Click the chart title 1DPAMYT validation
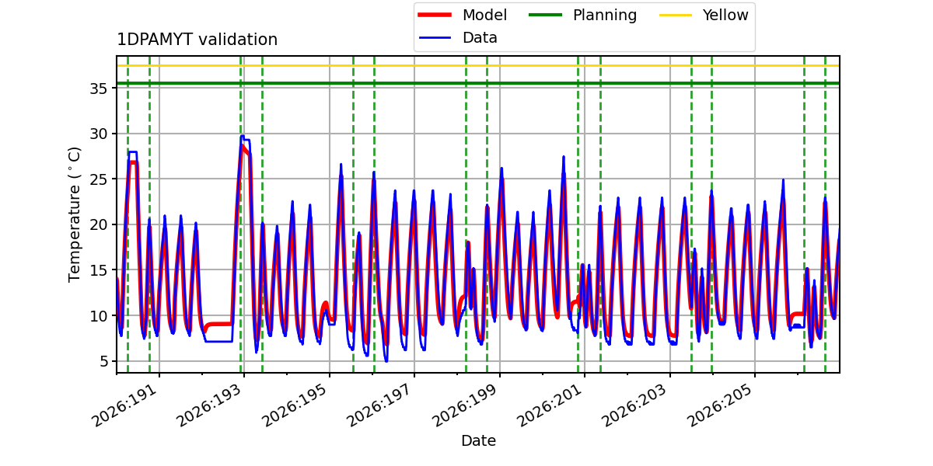pos(197,40)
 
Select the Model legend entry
pos(463,15)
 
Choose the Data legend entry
pos(458,38)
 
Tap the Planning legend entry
pos(582,15)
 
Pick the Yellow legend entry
pos(704,15)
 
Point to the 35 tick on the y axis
pos(98,89)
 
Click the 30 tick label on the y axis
pos(98,134)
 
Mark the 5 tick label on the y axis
pos(103,361)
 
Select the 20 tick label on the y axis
pos(98,224)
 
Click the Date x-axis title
pos(478,440)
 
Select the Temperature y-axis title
pos(74,214)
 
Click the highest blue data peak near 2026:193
pos(242,136)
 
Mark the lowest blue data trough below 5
pos(386,361)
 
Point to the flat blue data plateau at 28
pos(133,152)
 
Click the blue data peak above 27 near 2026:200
pos(564,157)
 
